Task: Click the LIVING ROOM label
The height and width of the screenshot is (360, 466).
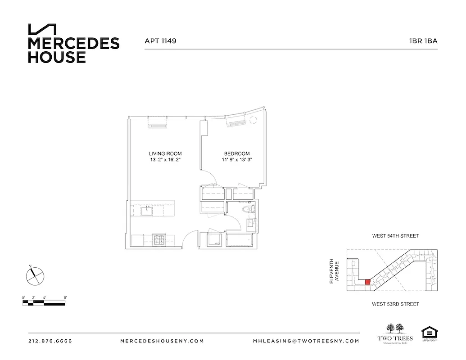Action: tap(165, 153)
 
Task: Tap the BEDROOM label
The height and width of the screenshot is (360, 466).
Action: tap(236, 153)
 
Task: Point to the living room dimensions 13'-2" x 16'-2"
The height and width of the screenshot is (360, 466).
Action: tap(165, 160)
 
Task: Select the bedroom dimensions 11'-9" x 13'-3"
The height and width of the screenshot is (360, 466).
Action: tap(236, 160)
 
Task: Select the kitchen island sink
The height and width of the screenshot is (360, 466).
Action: tap(147, 210)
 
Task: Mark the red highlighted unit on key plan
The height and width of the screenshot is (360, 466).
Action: tap(367, 282)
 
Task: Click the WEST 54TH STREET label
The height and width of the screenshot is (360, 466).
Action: tap(395, 236)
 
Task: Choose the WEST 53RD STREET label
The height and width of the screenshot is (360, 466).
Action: tap(395, 304)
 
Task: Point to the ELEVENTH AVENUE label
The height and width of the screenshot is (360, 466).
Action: tap(334, 270)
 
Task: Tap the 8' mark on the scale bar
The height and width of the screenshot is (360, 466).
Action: tap(65, 297)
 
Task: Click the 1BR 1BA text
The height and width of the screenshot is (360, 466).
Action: tap(423, 41)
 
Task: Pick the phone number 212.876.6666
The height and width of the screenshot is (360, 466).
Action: tap(50, 341)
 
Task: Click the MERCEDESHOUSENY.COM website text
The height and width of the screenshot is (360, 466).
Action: tap(162, 341)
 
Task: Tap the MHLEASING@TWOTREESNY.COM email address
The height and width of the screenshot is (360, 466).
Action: tap(306, 341)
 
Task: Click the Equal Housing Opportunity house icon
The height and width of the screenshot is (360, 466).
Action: tap(428, 333)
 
